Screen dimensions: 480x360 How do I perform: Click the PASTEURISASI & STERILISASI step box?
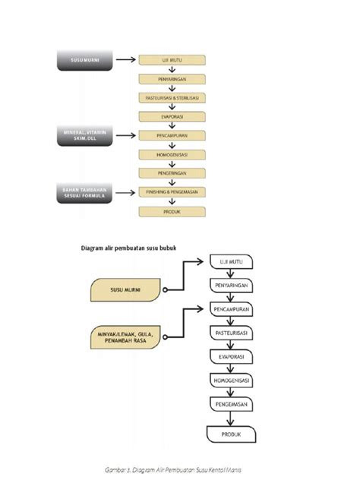coord(172,98)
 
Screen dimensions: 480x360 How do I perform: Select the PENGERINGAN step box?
coord(172,173)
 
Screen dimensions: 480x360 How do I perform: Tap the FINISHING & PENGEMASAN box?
coord(172,192)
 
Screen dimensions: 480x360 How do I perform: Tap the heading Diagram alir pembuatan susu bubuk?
coord(132,248)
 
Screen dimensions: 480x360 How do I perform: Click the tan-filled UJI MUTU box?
coord(172,60)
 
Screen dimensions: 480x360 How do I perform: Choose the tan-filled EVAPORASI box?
coord(172,117)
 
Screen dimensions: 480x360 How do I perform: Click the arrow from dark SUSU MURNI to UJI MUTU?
coord(125,60)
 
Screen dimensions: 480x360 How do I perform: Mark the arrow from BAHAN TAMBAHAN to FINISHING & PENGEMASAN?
coord(125,192)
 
